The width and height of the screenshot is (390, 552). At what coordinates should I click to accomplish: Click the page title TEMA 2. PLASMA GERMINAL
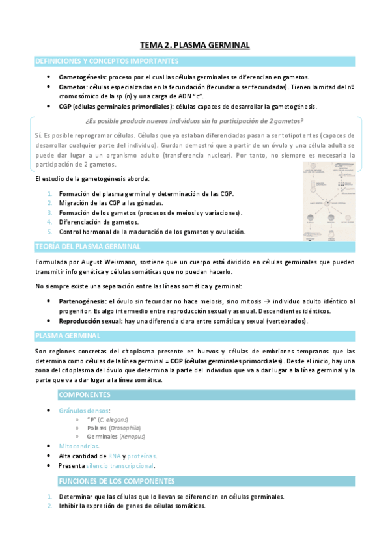pyautogui.click(x=195, y=45)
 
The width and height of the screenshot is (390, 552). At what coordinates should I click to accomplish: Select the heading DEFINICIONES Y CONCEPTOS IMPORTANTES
pyautogui.click(x=107, y=61)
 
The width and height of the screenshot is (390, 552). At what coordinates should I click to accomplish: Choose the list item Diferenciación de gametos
pyautogui.click(x=98, y=222)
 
